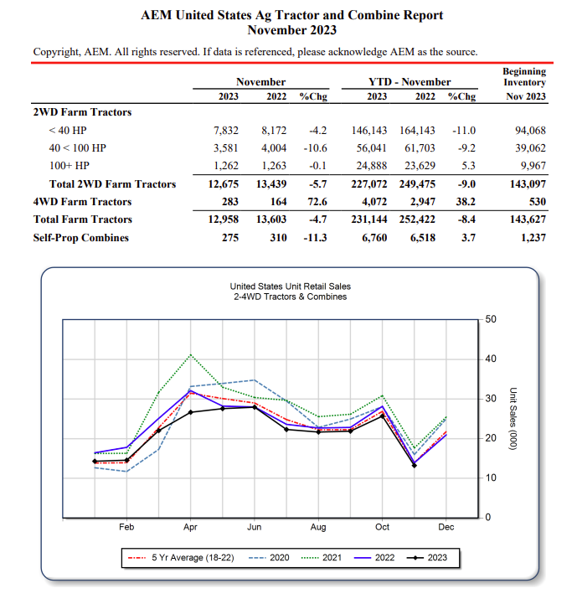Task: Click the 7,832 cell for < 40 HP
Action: click(x=226, y=131)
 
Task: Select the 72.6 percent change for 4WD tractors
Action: click(x=317, y=201)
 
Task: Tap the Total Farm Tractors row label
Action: click(x=82, y=219)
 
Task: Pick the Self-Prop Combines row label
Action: click(x=81, y=238)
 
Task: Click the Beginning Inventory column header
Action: click(x=524, y=77)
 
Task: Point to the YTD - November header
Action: click(x=410, y=81)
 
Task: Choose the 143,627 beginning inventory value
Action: click(x=528, y=219)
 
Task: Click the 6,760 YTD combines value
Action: click(x=374, y=238)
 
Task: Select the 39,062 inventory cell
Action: click(x=530, y=148)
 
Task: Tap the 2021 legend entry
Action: click(x=322, y=557)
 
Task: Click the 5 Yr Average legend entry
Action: click(x=181, y=557)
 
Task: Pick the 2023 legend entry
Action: click(x=427, y=557)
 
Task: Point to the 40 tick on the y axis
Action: click(x=491, y=359)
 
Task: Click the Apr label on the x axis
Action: click(x=190, y=527)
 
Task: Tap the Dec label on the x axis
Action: click(x=446, y=527)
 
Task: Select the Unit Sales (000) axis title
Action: click(x=513, y=418)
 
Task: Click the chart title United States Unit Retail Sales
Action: click(x=291, y=287)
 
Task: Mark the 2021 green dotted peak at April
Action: click(x=191, y=354)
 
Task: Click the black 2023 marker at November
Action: click(x=415, y=466)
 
